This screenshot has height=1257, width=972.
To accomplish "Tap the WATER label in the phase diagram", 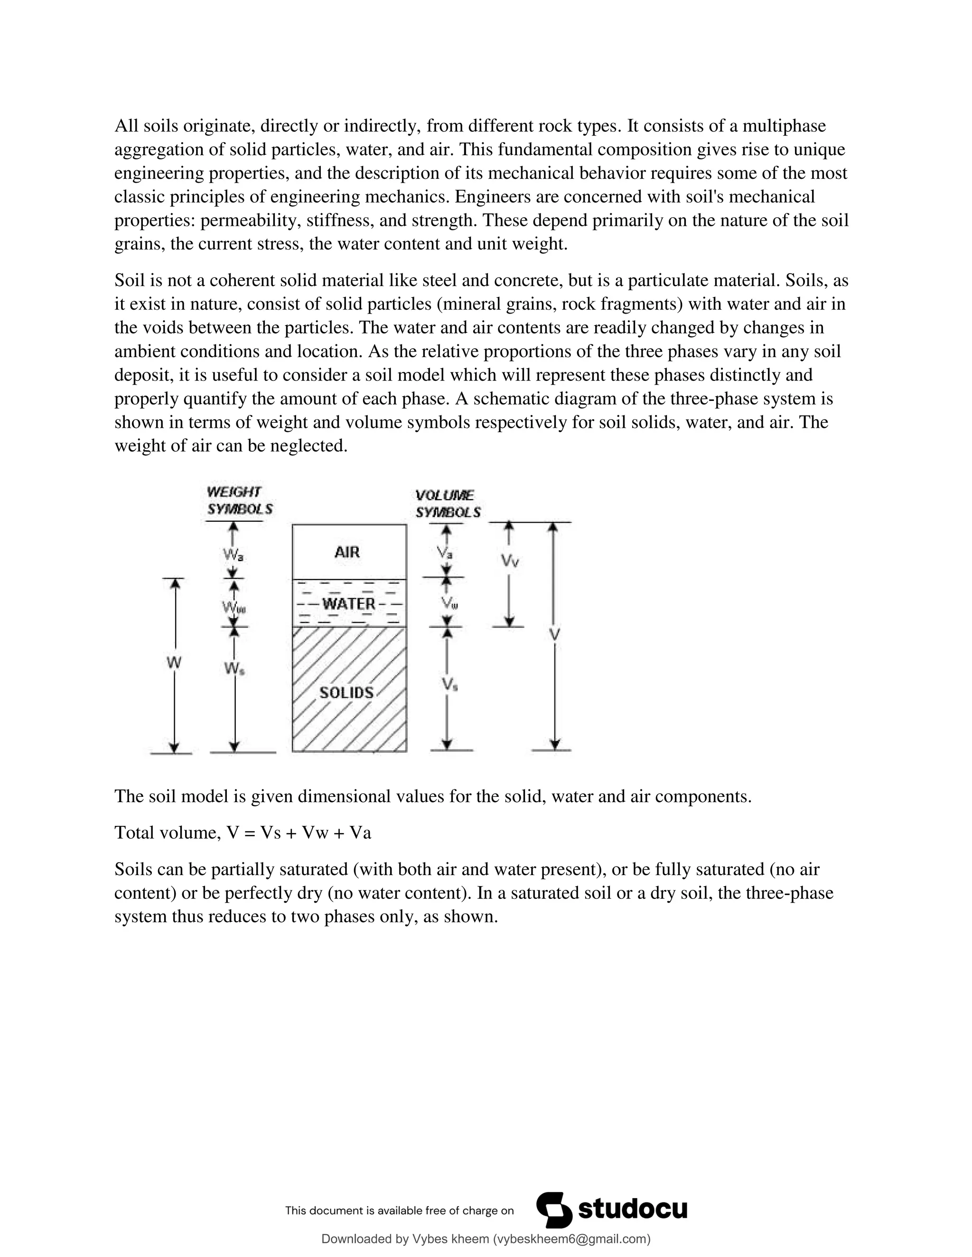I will [349, 604].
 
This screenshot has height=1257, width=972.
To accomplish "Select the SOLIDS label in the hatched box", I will [346, 693].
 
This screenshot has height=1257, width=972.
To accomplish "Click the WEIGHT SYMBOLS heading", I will [238, 501].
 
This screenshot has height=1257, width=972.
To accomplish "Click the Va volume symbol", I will [445, 553].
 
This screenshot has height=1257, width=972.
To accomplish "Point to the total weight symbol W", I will [174, 663].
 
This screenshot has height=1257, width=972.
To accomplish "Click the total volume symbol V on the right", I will [554, 635].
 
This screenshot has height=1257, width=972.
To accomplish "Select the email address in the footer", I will [572, 1239].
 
